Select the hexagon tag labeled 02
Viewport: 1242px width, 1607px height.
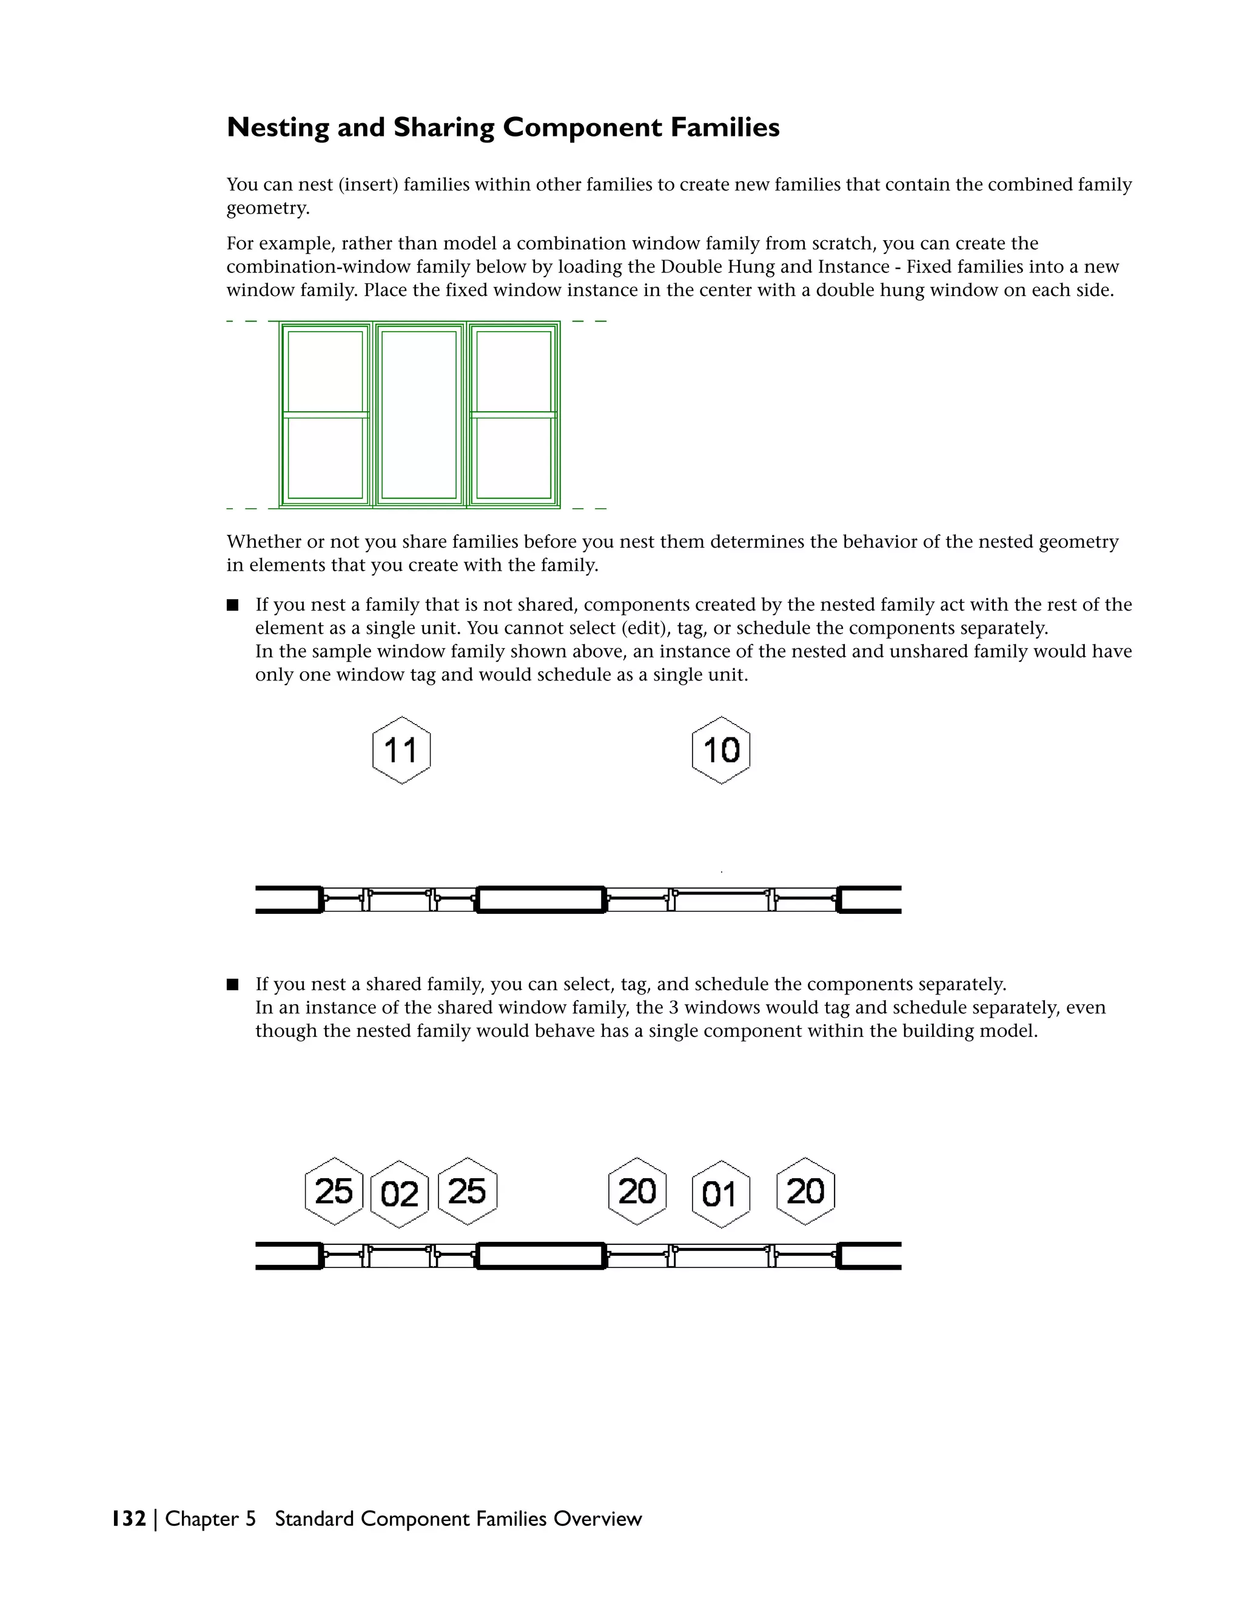(x=400, y=1193)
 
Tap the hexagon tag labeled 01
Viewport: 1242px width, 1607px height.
(x=720, y=1193)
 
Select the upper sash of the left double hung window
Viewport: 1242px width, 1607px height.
(x=325, y=371)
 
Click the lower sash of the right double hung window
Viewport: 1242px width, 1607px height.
(x=514, y=458)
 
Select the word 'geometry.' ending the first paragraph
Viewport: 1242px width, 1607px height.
(x=268, y=209)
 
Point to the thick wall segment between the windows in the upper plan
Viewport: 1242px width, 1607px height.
(x=541, y=899)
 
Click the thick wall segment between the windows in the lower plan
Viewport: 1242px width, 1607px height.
(x=541, y=1255)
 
